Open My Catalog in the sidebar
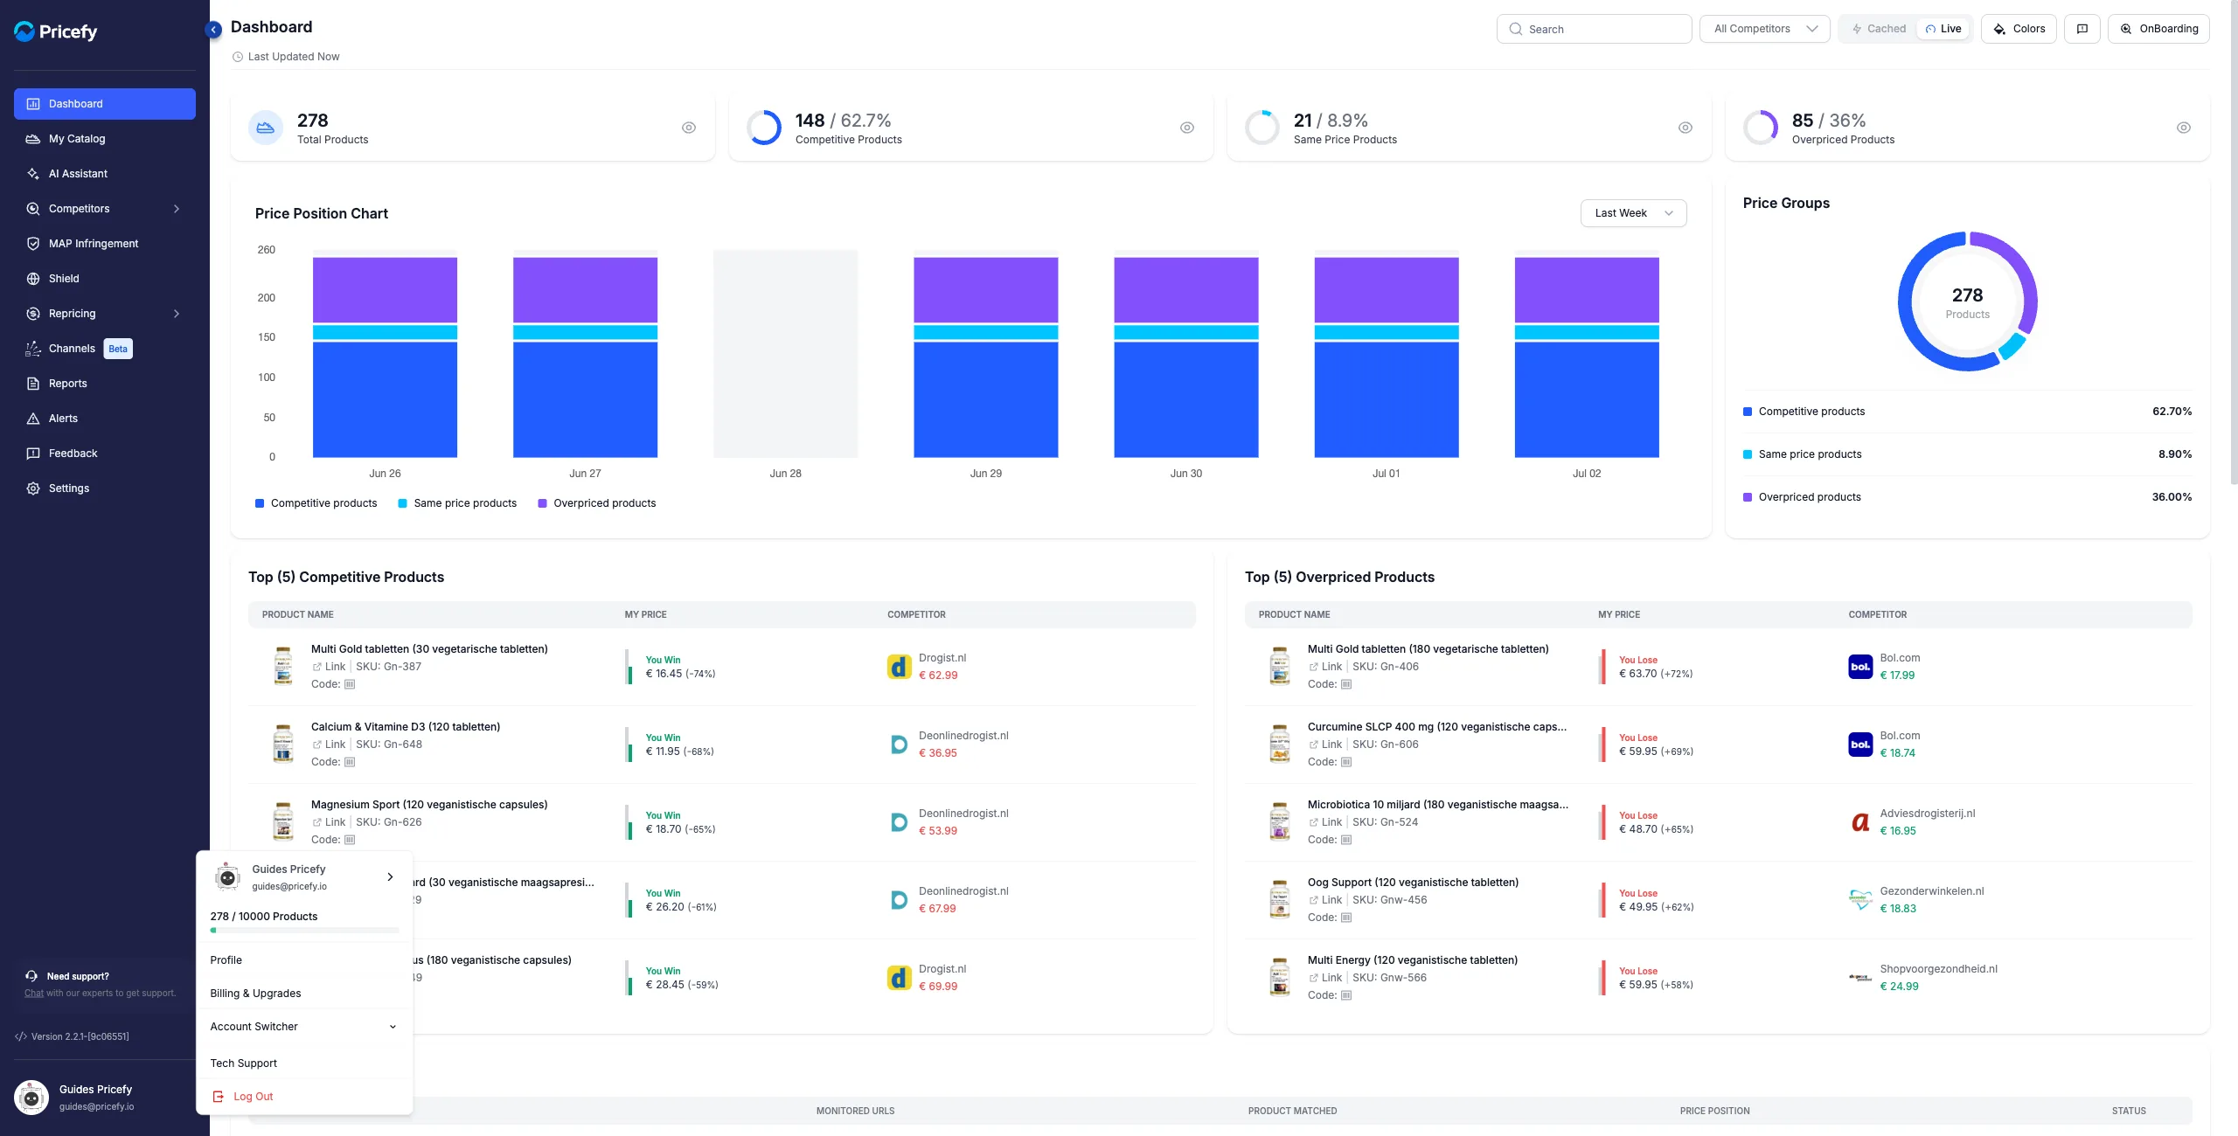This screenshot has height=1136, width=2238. point(77,139)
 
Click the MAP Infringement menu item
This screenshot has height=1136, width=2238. point(94,244)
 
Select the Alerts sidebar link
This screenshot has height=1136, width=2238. point(63,419)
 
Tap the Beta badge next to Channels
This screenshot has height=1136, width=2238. point(118,349)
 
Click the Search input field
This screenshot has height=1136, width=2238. point(1594,29)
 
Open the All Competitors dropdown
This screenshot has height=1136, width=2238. point(1764,29)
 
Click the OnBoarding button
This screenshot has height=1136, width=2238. point(2158,29)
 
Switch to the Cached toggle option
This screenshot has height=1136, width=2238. point(1879,29)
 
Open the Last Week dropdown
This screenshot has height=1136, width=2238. point(1633,213)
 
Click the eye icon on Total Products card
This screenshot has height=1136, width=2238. point(689,128)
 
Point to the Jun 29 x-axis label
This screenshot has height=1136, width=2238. point(985,474)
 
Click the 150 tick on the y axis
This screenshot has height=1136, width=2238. point(267,337)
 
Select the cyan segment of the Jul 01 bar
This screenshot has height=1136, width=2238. point(1387,332)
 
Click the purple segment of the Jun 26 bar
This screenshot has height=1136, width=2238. point(385,290)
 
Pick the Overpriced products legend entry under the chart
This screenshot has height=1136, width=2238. point(596,503)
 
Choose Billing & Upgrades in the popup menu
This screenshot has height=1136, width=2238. point(255,994)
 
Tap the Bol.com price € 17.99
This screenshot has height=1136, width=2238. point(1897,675)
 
